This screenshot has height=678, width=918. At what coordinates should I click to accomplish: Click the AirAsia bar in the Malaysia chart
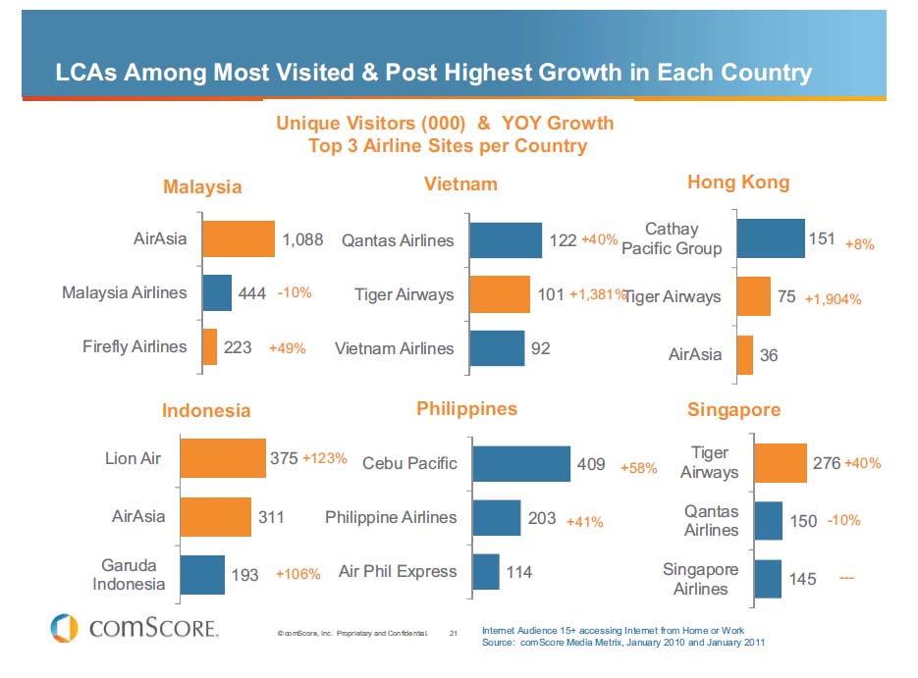pos(239,239)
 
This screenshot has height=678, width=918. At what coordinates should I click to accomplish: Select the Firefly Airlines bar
pos(209,347)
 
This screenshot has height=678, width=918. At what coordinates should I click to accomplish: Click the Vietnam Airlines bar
pos(497,348)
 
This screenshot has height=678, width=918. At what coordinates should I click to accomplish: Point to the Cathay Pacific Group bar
pos(770,238)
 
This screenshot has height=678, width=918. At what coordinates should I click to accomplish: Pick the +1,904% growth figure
pos(833,299)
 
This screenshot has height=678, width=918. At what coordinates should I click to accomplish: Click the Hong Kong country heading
pos(738,183)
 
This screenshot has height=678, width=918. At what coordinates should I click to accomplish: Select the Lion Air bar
pos(223,458)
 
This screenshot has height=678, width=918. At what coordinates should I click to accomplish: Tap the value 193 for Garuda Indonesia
pos(244,575)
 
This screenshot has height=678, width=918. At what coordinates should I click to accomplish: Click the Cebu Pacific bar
pos(521,463)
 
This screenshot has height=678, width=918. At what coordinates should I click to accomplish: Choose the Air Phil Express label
pos(398,571)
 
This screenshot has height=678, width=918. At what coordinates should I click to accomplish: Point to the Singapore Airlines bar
pos(768,579)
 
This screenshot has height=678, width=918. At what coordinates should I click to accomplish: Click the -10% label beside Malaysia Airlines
pos(295,292)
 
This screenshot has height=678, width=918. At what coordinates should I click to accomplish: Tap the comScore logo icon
pos(64,628)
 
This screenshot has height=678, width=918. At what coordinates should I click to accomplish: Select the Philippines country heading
pos(466,408)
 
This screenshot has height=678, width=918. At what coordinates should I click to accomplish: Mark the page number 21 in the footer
pos(454,634)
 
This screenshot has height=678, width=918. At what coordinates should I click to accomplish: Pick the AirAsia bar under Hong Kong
pos(744,355)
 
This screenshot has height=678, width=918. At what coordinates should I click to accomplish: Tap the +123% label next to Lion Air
pos(324,458)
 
